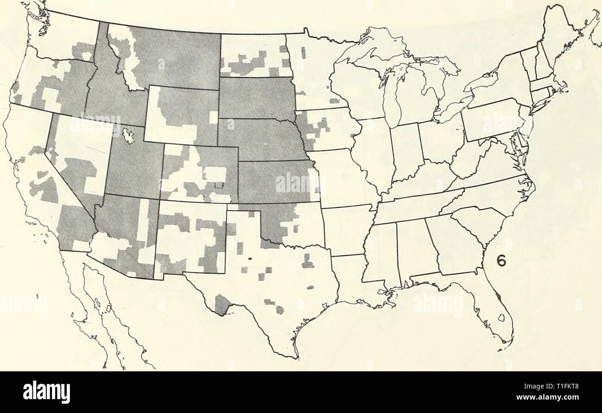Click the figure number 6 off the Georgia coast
point(501,261)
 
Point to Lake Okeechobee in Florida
point(501,318)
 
